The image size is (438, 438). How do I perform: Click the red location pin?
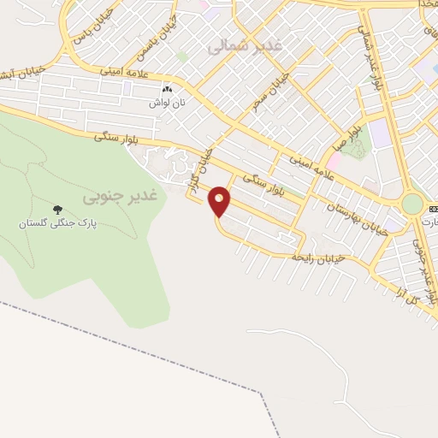[x=220, y=200]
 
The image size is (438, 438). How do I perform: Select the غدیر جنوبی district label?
[x=121, y=197]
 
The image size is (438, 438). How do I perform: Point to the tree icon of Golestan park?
[x=58, y=210]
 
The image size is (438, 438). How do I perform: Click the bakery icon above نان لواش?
[x=168, y=89]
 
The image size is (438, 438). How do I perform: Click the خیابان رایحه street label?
[x=317, y=256]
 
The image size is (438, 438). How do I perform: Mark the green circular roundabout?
[x=412, y=204]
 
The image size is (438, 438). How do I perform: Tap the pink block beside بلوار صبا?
[x=334, y=161]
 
